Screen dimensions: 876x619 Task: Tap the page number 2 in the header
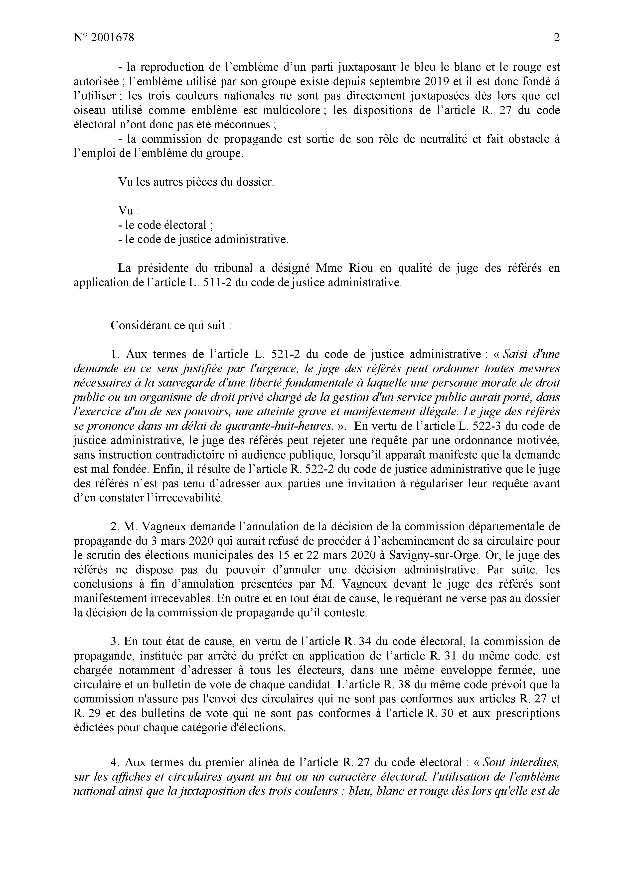(556, 38)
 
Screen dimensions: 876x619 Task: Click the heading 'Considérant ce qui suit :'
(171, 326)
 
